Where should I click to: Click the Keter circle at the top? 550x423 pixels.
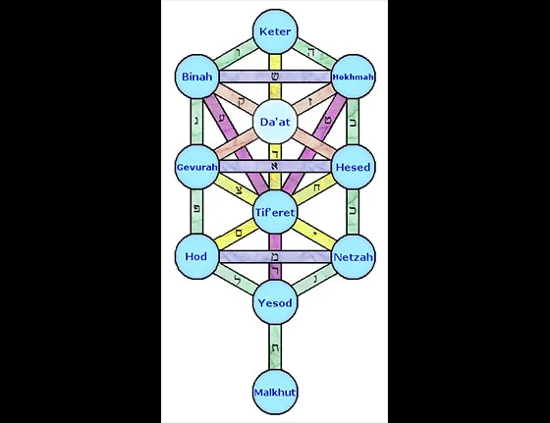[275, 31]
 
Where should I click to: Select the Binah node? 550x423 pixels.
[196, 77]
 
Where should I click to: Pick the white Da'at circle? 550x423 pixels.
[275, 123]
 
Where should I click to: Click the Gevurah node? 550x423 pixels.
[196, 167]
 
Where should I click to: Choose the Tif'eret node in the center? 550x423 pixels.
[275, 213]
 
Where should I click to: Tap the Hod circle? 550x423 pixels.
[196, 257]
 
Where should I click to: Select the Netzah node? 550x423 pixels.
[354, 257]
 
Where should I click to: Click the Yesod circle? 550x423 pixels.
[275, 302]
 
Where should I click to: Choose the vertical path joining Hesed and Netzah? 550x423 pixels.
[354, 212]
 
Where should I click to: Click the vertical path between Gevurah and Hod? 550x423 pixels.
[196, 212]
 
